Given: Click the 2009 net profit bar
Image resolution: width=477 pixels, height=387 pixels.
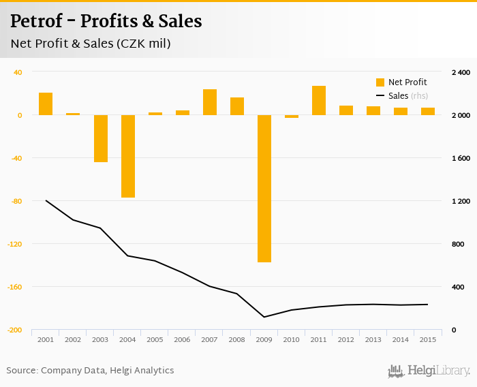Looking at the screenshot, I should click(x=264, y=188).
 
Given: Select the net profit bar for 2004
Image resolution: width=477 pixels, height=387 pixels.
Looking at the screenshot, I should click(x=128, y=156).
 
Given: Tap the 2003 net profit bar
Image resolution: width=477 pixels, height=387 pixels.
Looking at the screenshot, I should click(x=101, y=138).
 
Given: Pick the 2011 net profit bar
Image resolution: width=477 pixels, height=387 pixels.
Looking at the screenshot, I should click(x=319, y=100).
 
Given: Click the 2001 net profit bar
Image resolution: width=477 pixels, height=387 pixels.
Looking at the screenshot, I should click(x=46, y=104).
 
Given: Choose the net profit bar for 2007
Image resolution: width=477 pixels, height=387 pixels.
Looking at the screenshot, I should click(x=210, y=102).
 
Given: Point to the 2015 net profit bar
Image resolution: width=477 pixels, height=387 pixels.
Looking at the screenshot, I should click(x=428, y=111).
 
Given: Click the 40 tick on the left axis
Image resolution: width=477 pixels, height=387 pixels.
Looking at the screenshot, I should click(x=18, y=72).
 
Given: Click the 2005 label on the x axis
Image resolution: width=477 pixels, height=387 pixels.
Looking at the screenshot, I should click(x=155, y=339).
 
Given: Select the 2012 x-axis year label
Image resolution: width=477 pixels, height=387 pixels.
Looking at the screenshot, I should click(x=346, y=339).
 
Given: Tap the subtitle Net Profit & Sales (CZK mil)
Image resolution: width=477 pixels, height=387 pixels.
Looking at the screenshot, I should click(x=90, y=44).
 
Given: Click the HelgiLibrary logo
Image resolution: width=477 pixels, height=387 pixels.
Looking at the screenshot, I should click(x=429, y=371).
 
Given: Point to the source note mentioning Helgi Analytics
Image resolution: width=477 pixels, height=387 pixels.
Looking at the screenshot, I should click(x=90, y=371).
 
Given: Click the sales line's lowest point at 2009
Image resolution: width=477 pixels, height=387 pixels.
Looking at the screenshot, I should click(x=264, y=317).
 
